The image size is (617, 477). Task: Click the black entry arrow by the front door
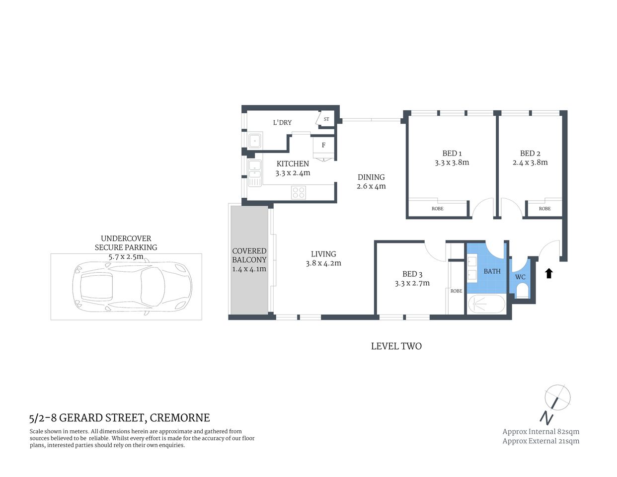[x=549, y=273]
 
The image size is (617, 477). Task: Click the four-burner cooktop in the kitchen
[x=299, y=192]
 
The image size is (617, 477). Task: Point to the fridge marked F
[x=323, y=146]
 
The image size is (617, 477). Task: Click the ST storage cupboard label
[x=326, y=119]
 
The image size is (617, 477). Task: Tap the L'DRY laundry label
[x=282, y=123]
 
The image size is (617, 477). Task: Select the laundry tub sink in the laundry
[x=255, y=142]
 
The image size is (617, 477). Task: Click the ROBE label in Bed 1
[x=437, y=209]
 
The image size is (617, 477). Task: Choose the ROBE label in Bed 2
[x=544, y=209]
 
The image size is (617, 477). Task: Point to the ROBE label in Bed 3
[x=456, y=291]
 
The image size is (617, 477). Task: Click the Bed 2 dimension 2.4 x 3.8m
[x=530, y=162]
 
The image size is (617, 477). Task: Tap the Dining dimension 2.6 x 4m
[x=371, y=186]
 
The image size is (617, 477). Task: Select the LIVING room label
[x=323, y=254]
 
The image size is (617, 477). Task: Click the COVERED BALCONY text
[x=249, y=255]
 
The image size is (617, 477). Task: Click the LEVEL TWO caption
[x=396, y=346]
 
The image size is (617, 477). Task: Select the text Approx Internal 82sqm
[x=540, y=431]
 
